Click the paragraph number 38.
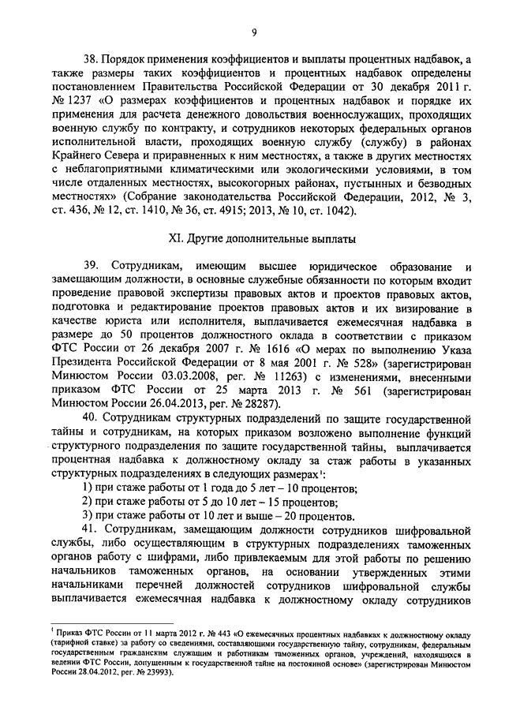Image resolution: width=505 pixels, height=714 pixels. [x=92, y=58]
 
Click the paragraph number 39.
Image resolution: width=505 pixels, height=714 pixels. [x=92, y=267]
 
